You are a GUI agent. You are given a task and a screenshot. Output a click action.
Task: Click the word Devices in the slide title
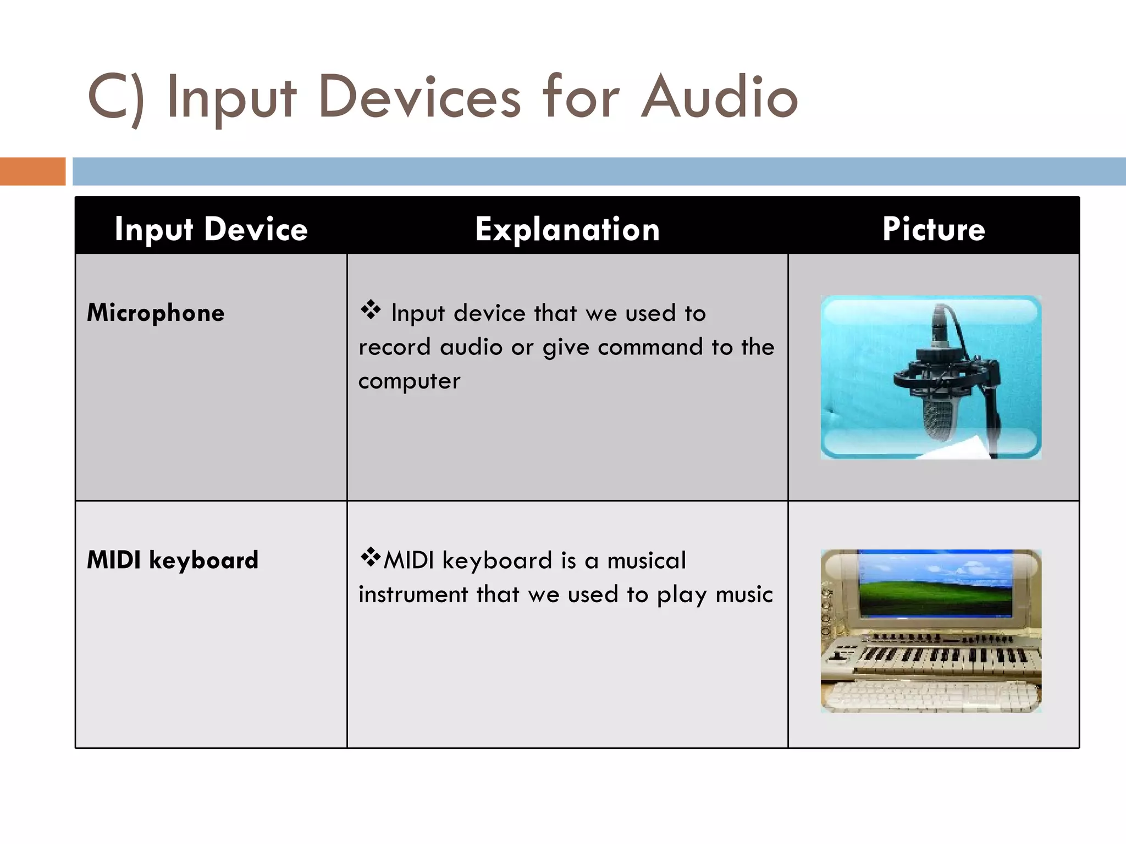tap(419, 97)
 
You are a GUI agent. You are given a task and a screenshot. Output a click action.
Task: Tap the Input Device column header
tap(211, 229)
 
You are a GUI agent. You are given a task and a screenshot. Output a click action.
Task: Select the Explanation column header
tap(567, 229)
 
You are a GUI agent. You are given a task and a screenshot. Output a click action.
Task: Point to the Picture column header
tap(934, 229)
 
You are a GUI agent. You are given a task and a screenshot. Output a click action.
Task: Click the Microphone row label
tap(156, 313)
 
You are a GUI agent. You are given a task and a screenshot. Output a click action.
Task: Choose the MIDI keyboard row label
tap(173, 560)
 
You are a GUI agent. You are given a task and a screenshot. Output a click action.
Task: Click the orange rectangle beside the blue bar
tap(32, 171)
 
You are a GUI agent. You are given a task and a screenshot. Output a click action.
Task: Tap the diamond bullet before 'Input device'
tap(371, 310)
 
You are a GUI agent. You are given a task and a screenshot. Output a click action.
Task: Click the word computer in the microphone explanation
tap(409, 381)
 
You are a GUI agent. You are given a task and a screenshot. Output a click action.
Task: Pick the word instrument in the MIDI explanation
tap(413, 595)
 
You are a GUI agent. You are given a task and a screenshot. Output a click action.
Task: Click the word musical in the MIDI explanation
tap(647, 560)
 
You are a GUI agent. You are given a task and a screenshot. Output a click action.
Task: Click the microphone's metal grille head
tap(940, 420)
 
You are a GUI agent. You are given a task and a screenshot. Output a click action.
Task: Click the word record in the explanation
tap(394, 347)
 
